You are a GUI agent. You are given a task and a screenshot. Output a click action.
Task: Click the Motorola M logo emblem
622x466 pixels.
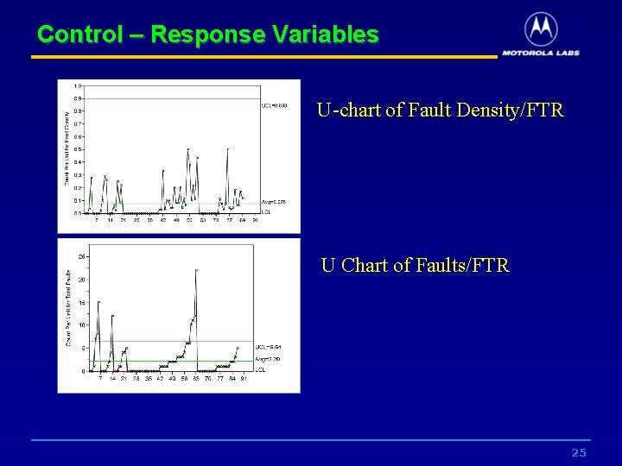541,29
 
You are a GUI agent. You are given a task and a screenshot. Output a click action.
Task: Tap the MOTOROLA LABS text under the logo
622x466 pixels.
541,53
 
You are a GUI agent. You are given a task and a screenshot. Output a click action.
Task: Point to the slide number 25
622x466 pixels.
579,453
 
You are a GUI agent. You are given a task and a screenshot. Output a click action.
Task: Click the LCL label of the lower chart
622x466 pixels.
260,370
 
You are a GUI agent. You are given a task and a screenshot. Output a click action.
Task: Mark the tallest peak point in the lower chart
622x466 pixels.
196,270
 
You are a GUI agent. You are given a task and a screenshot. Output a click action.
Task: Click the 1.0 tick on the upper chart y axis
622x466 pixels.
78,85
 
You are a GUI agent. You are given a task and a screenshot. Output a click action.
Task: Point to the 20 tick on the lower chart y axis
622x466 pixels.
81,280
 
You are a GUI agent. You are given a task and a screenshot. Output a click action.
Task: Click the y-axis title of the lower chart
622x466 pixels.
69,308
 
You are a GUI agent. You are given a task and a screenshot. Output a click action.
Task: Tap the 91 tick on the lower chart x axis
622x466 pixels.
244,378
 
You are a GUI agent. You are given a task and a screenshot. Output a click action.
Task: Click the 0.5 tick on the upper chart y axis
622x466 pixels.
78,149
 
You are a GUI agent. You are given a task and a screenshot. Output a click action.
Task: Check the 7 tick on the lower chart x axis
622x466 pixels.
100,378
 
